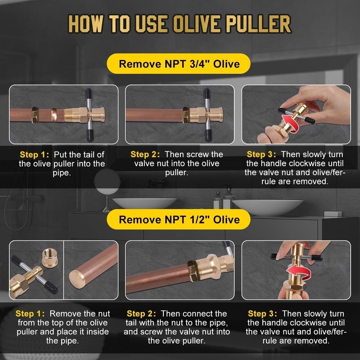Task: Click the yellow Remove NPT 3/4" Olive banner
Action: point(179,64)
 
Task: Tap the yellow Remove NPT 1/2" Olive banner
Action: point(179,219)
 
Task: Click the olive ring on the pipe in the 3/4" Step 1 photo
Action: point(54,115)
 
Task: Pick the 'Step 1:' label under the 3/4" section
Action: point(34,155)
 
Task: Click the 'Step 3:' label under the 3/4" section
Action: point(261,154)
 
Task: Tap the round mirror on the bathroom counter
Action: point(107,182)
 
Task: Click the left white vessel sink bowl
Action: point(144,203)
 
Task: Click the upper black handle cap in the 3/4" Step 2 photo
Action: point(207,95)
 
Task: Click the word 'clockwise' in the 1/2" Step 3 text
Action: point(315,323)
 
